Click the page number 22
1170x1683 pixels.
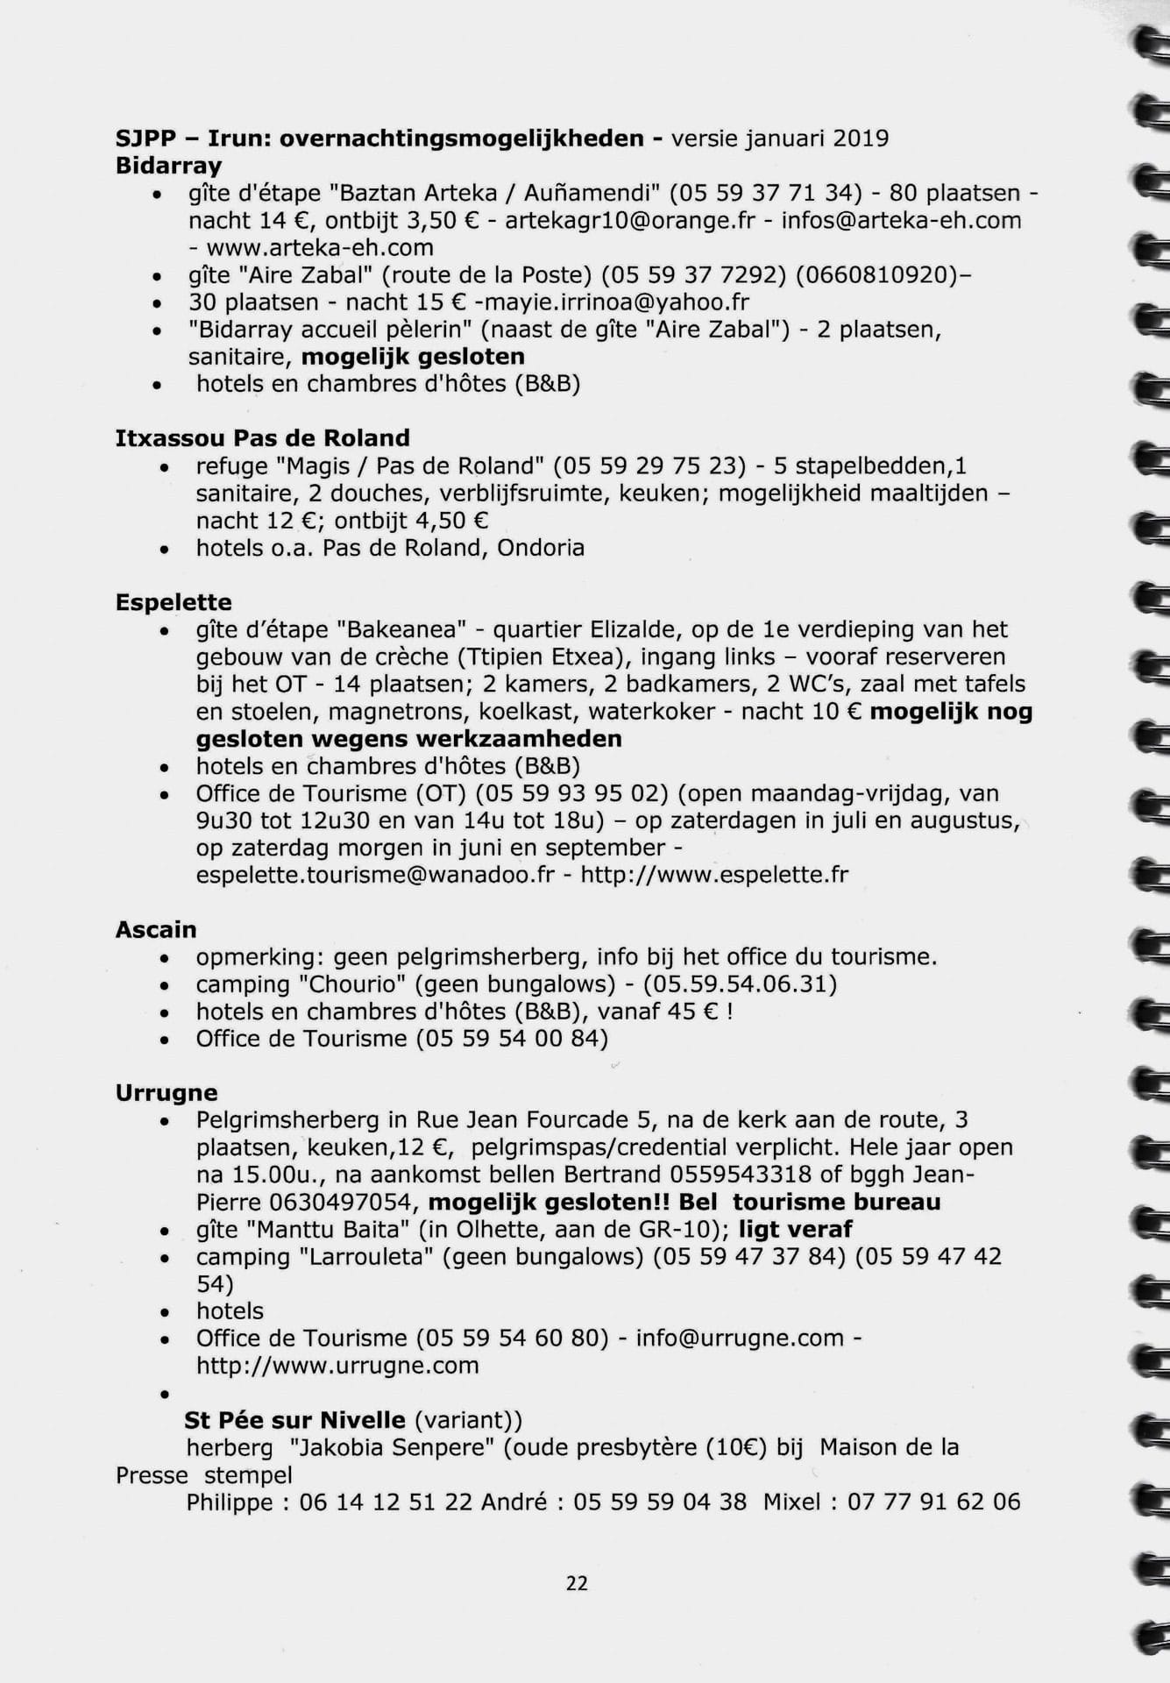tap(577, 1583)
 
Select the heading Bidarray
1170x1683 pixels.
tap(168, 166)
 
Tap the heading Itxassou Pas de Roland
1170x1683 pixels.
tap(262, 438)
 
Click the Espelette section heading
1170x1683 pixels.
tap(174, 603)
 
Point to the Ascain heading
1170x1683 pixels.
tap(156, 930)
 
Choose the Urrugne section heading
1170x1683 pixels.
tap(167, 1093)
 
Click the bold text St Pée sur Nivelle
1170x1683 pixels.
tap(294, 1420)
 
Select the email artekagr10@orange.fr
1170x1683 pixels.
tap(629, 220)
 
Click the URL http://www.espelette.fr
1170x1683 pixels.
tap(714, 875)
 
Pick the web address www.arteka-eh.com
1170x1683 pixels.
tap(320, 247)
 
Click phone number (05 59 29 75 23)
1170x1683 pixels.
tap(649, 465)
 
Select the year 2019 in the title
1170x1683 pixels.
tap(861, 138)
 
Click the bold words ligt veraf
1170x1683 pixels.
tap(795, 1229)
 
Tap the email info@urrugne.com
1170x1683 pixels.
tap(740, 1339)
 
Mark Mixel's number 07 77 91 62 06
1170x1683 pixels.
tap(933, 1502)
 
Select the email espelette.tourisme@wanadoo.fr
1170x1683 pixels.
tap(375, 875)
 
